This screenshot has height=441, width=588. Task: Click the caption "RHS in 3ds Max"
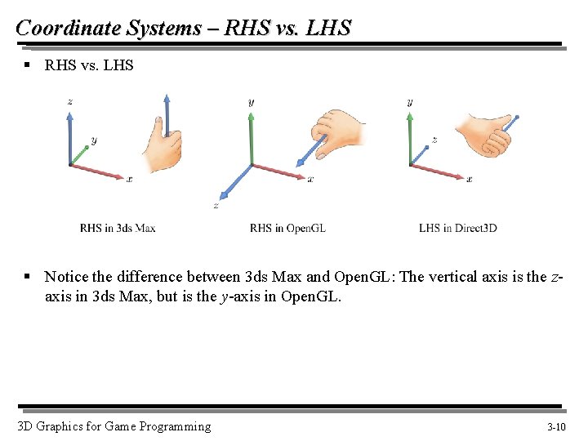[118, 228]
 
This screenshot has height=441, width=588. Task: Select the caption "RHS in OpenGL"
[287, 228]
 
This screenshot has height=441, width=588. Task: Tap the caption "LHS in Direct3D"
[458, 228]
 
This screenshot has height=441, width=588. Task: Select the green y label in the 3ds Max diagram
[94, 140]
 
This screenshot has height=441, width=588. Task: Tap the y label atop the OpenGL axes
[251, 102]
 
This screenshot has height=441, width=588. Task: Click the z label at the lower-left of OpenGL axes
[216, 205]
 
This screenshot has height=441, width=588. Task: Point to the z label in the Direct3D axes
[434, 140]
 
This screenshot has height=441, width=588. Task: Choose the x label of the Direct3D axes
[469, 179]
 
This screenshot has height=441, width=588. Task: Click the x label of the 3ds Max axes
[129, 178]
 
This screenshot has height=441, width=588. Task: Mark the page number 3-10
[556, 427]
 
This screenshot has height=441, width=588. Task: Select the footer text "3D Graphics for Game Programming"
[114, 426]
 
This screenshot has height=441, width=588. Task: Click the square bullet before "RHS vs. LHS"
[27, 65]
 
